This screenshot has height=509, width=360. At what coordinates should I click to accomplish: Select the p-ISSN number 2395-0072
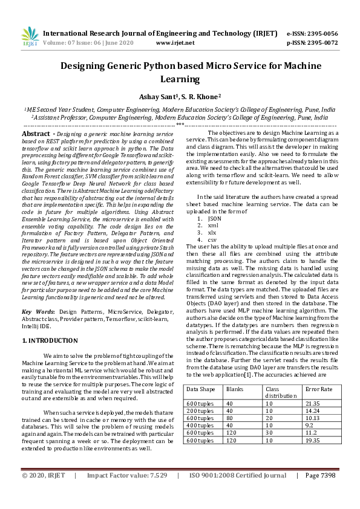[x=321, y=43]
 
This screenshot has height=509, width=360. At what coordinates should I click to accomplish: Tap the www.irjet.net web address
[x=175, y=43]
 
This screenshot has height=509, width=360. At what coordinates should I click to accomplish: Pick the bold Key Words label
[x=38, y=311]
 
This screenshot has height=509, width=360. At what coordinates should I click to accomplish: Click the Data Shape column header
[x=200, y=389]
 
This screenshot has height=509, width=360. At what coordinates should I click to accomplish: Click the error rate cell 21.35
[x=313, y=403]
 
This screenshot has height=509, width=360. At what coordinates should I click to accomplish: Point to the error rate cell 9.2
[x=310, y=425]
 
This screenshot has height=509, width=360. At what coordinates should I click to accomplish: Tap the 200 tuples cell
[x=200, y=410]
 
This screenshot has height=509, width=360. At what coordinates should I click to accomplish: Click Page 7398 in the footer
[x=320, y=493]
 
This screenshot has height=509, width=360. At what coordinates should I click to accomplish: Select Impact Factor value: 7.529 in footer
[x=127, y=493]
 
